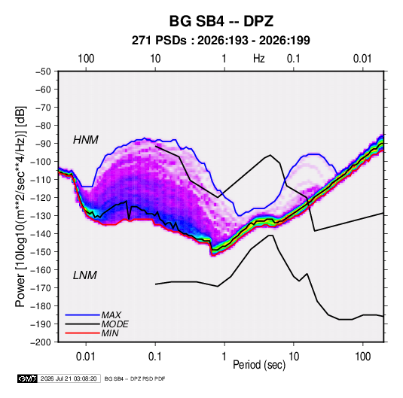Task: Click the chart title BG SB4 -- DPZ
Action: pos(221,21)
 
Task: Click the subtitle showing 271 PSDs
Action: pos(221,41)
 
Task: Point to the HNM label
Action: pos(86,140)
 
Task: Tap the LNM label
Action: pos(85,275)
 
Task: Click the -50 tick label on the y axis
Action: pos(43,71)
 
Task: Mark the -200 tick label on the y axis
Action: pos(41,342)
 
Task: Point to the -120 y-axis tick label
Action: pos(41,198)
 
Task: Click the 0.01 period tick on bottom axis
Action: pos(86,357)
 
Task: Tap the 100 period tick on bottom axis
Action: pos(362,357)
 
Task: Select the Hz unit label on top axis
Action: pos(259,59)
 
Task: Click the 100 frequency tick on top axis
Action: pos(86,59)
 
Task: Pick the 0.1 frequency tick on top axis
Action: pos(294,59)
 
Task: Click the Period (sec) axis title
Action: pos(259,365)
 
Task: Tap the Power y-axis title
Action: pos(20,206)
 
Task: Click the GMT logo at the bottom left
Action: pos(28,378)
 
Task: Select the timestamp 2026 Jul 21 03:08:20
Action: pos(69,378)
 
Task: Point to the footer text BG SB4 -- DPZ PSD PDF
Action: pos(135,378)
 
